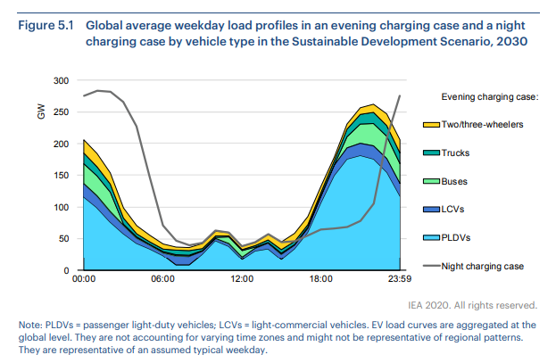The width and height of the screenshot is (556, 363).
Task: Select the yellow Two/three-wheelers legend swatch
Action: coord(429,124)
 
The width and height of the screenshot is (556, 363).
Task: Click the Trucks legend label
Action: coord(456,153)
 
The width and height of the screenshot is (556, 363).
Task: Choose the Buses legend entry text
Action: coord(455,181)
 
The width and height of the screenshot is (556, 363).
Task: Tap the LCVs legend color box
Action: coord(429,210)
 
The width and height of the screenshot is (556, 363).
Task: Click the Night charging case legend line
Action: coord(429,266)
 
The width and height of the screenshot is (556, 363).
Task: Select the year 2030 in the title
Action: coord(511,41)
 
